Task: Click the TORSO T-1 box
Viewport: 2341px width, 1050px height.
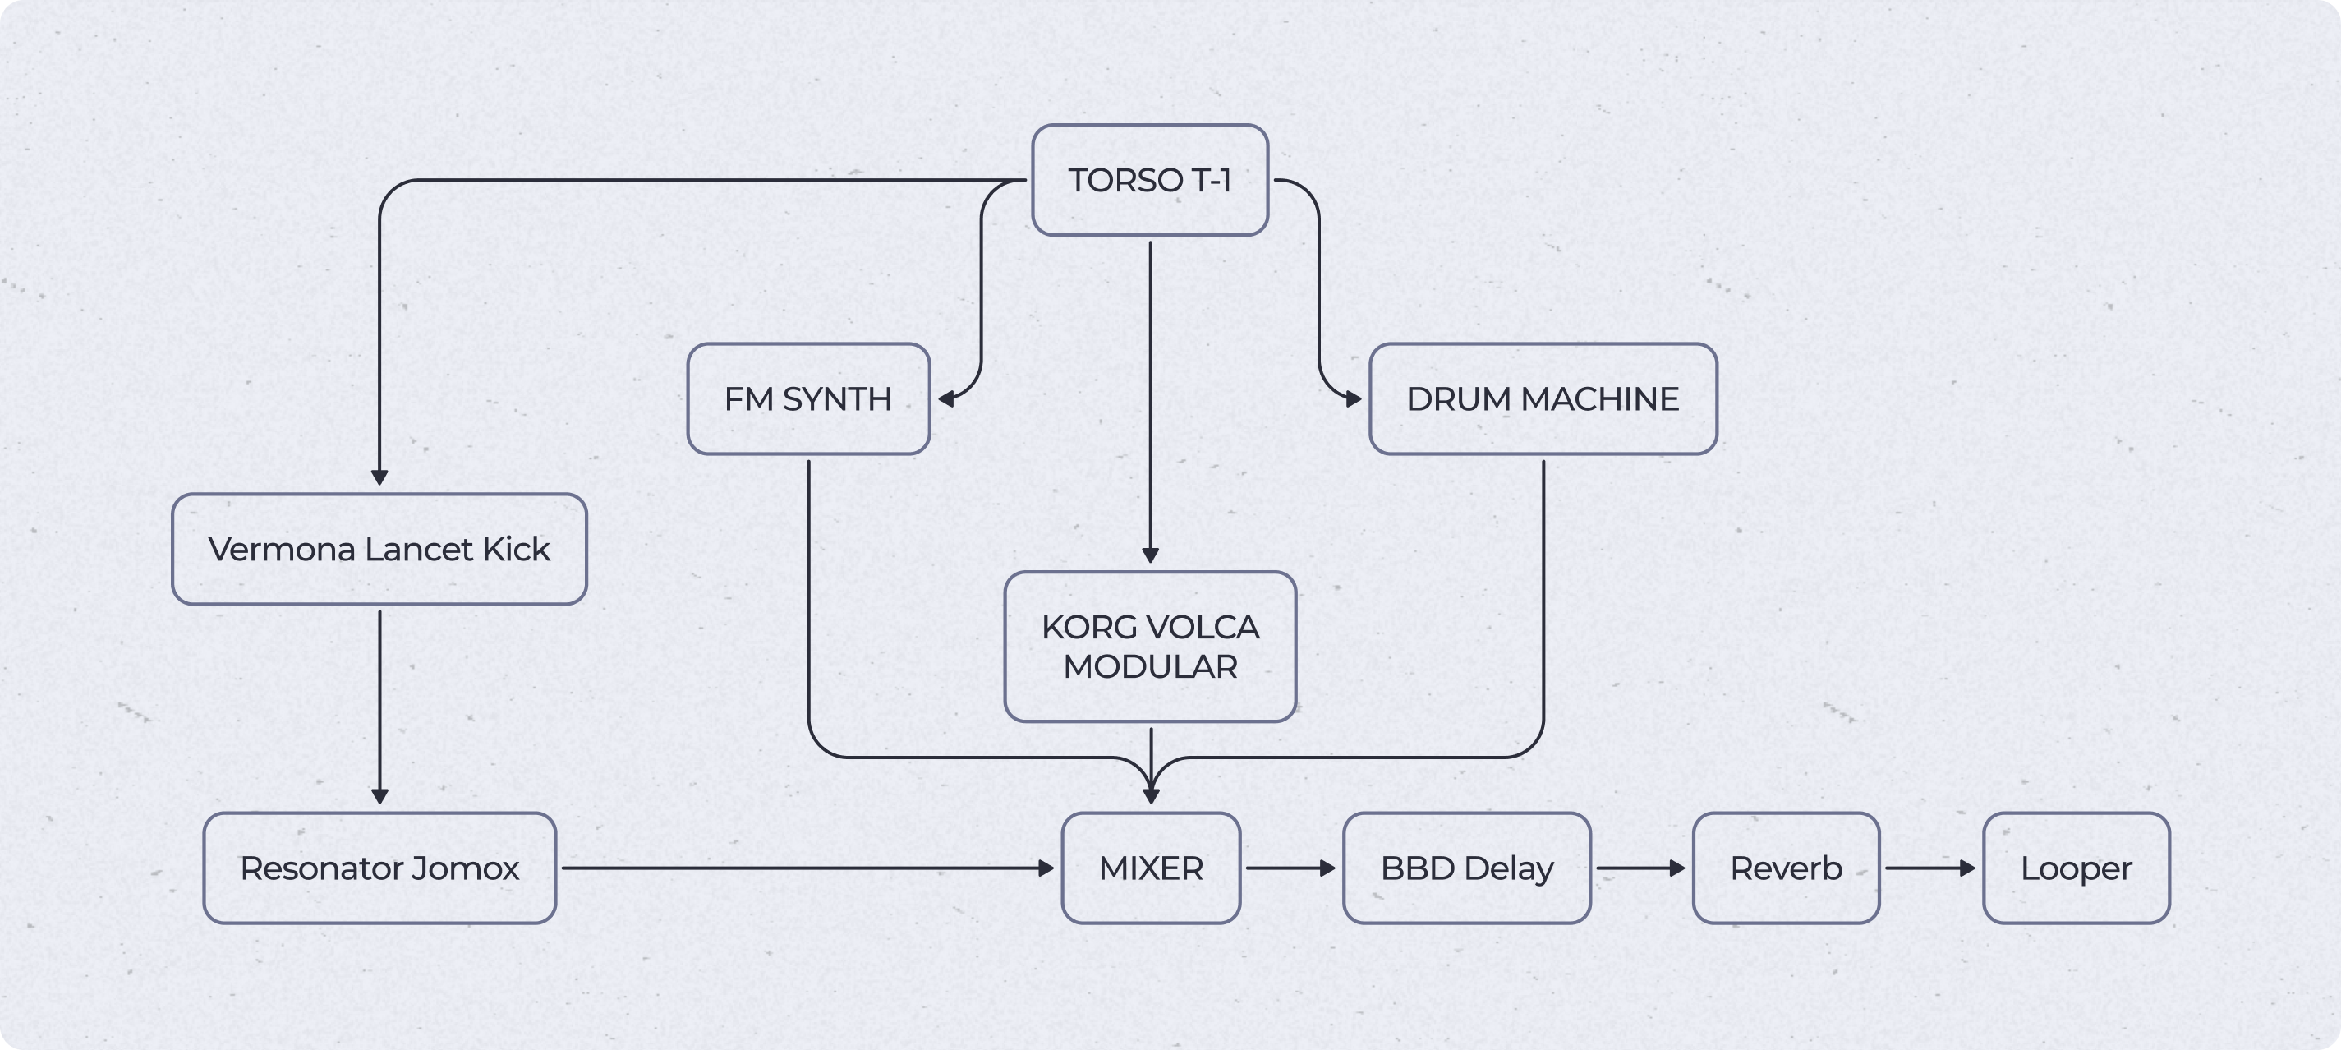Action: tap(1150, 180)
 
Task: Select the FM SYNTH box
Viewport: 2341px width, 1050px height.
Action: tap(808, 399)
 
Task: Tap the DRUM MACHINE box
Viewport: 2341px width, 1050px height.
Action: tap(1543, 399)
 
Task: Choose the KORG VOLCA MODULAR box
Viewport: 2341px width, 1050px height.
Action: tap(1150, 647)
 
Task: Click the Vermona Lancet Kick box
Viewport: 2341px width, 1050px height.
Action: tap(379, 549)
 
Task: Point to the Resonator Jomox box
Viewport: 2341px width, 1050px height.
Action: tap(379, 868)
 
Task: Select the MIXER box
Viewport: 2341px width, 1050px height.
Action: tap(1151, 868)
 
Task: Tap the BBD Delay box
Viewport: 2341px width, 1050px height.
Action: tap(1467, 868)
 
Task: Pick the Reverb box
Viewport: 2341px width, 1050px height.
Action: tap(1786, 868)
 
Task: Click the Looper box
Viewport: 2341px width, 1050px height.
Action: tap(2076, 868)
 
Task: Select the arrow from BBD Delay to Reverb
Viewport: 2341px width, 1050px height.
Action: tap(1640, 868)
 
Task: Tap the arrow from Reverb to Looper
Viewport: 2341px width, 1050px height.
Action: tap(1929, 868)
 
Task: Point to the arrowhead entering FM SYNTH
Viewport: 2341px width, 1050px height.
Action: tap(946, 399)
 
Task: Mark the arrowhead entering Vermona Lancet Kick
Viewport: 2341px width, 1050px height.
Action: tap(379, 477)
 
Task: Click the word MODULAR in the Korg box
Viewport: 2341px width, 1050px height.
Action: tap(1150, 666)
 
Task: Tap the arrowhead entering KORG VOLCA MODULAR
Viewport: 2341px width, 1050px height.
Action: tap(1150, 555)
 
